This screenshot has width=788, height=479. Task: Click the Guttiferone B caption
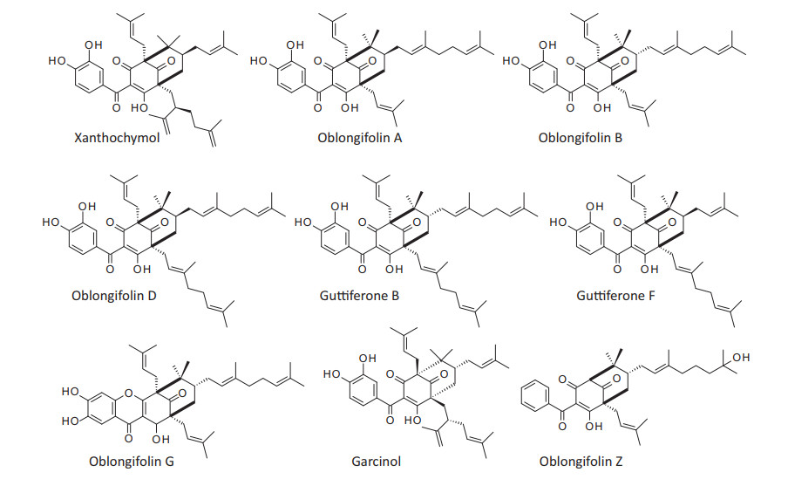pyautogui.click(x=359, y=295)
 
